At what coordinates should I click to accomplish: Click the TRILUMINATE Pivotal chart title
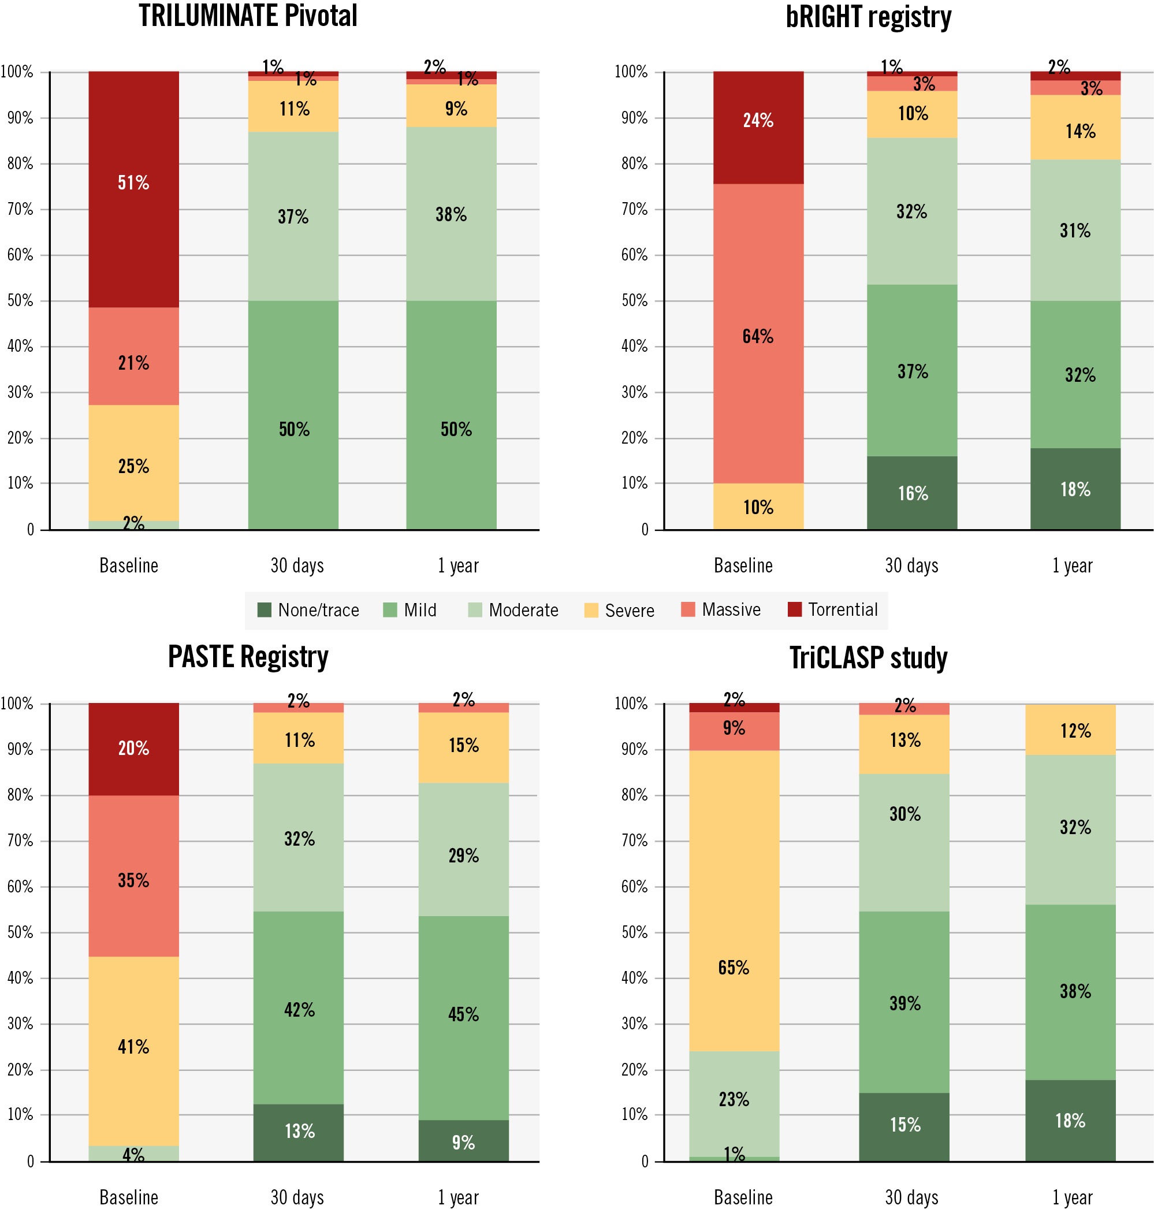click(247, 17)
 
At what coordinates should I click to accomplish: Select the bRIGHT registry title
click(868, 18)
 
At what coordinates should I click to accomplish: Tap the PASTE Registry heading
click(248, 657)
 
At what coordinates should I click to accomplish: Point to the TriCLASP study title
click(868, 659)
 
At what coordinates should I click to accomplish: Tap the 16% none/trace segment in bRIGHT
click(911, 492)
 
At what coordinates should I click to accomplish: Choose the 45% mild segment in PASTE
click(463, 1015)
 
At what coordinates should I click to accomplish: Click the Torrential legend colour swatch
click(794, 609)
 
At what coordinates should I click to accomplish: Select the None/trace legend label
click(318, 610)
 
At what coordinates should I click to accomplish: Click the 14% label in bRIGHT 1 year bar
click(1080, 131)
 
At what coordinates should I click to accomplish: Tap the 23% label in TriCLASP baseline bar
click(734, 1099)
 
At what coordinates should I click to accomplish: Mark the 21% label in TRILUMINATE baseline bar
click(133, 363)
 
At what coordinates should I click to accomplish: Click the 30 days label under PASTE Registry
click(297, 1197)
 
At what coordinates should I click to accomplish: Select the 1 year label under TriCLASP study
click(1072, 1197)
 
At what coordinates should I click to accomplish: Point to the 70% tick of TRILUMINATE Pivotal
click(20, 209)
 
